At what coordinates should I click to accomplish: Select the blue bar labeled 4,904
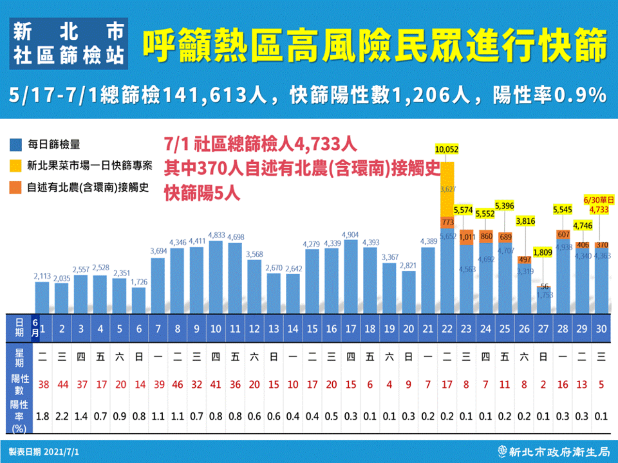click(x=350, y=277)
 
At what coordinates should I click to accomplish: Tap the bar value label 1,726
click(x=139, y=282)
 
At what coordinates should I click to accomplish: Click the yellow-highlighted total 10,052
click(x=446, y=149)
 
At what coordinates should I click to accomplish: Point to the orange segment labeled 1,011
click(x=467, y=237)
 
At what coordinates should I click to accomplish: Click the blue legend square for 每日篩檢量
click(x=16, y=145)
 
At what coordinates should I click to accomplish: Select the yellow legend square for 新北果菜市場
click(x=16, y=165)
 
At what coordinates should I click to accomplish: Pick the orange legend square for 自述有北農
click(x=16, y=187)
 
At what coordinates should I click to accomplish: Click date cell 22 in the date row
click(x=447, y=329)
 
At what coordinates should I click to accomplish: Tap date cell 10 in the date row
click(x=216, y=329)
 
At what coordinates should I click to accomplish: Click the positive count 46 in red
click(x=177, y=385)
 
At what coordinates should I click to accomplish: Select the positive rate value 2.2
click(x=62, y=416)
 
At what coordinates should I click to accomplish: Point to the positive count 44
click(x=63, y=385)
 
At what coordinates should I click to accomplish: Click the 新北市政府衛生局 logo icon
click(x=502, y=452)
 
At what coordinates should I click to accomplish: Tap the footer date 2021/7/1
click(x=61, y=452)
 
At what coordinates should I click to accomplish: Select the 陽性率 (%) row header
click(x=19, y=416)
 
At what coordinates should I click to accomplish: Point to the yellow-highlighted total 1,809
click(x=542, y=253)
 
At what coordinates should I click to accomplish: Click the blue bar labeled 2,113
click(x=42, y=298)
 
